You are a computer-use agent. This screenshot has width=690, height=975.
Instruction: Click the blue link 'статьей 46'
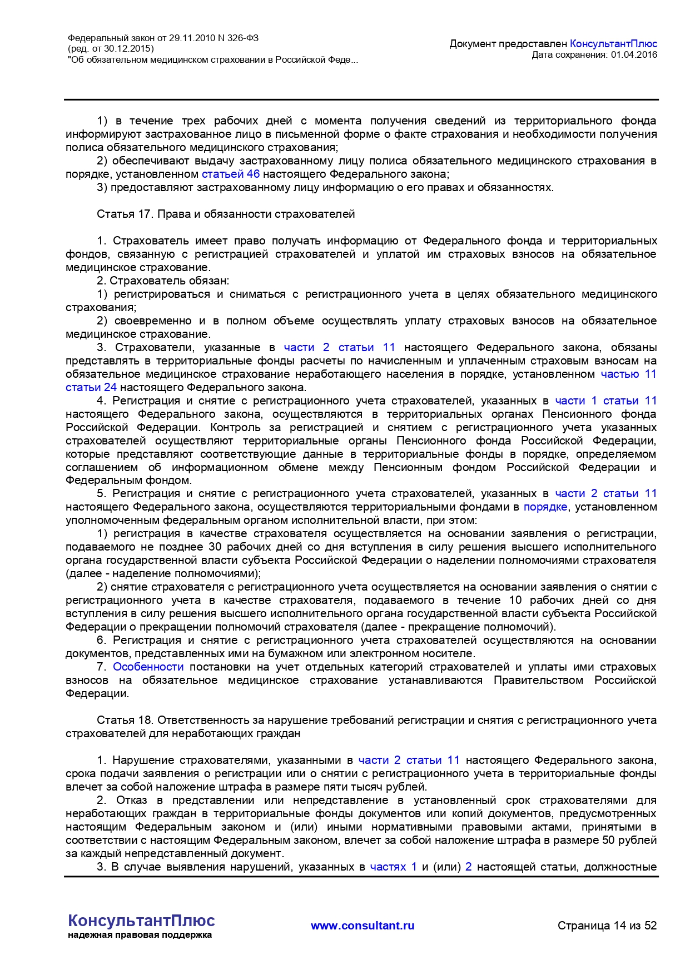tap(230, 174)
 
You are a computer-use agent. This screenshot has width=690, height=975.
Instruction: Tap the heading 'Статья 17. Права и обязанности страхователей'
tap(226, 214)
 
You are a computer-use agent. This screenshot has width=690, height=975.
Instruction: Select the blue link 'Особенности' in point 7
tap(148, 667)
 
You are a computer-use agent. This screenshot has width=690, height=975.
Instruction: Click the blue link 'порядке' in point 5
tap(545, 507)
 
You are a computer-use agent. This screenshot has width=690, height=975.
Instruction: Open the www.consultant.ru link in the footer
tap(363, 926)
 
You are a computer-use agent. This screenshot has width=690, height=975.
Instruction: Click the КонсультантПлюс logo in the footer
tap(141, 921)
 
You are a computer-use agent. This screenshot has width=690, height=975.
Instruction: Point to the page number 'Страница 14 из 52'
tap(607, 926)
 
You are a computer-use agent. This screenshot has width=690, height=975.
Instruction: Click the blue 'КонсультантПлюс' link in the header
tap(613, 43)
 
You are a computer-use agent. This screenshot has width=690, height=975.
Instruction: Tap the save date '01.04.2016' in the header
tap(634, 54)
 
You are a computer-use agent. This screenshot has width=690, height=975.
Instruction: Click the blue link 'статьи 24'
tap(91, 387)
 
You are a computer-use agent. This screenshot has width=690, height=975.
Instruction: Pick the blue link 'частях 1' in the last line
tap(393, 867)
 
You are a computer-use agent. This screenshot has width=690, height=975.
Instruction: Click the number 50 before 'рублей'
tap(609, 840)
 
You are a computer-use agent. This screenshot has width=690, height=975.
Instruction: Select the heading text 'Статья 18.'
tap(125, 720)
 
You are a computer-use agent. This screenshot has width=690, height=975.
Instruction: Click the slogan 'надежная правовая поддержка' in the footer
tap(140, 935)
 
